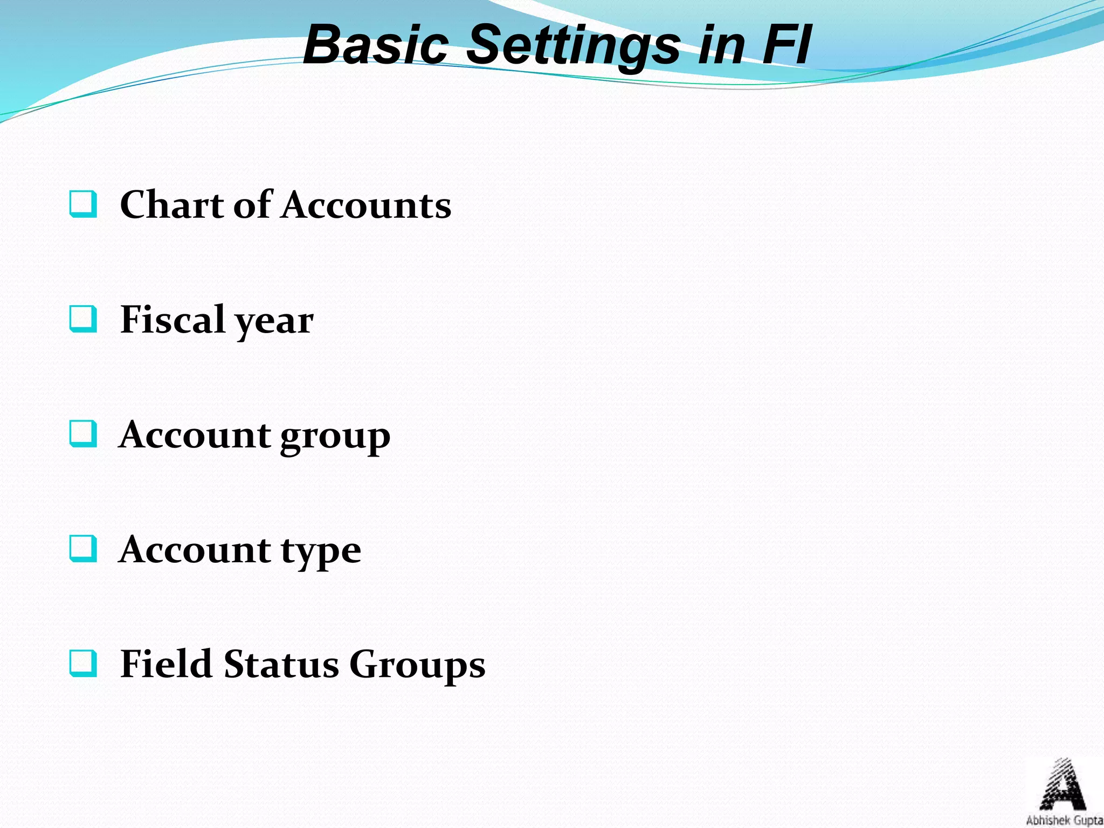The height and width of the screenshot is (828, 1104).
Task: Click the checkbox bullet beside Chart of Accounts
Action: [x=84, y=204]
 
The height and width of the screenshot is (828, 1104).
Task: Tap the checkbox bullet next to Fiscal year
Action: [x=84, y=319]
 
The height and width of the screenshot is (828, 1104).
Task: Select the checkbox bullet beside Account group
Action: [x=84, y=434]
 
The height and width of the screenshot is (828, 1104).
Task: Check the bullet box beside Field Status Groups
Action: [x=84, y=664]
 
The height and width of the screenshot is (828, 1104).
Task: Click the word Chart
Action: [x=171, y=205]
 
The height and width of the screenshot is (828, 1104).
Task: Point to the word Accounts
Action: [x=366, y=205]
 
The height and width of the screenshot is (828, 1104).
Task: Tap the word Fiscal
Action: [x=172, y=320]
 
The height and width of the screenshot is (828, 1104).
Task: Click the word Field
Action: [x=166, y=664]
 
